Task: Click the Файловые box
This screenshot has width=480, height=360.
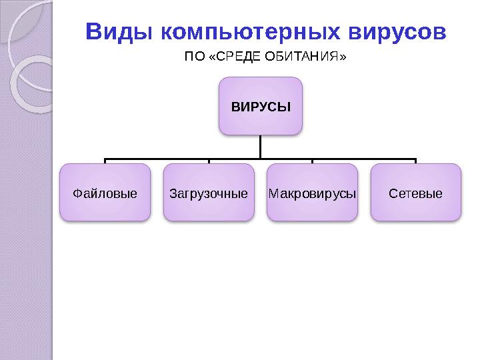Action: pyautogui.click(x=105, y=193)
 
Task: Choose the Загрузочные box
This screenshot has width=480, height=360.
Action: pyautogui.click(x=209, y=193)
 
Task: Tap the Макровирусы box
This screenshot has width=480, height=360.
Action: pyautogui.click(x=312, y=193)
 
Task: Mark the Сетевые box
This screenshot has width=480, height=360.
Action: pyautogui.click(x=415, y=193)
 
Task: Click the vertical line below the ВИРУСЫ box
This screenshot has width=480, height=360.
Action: pyautogui.click(x=261, y=147)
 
